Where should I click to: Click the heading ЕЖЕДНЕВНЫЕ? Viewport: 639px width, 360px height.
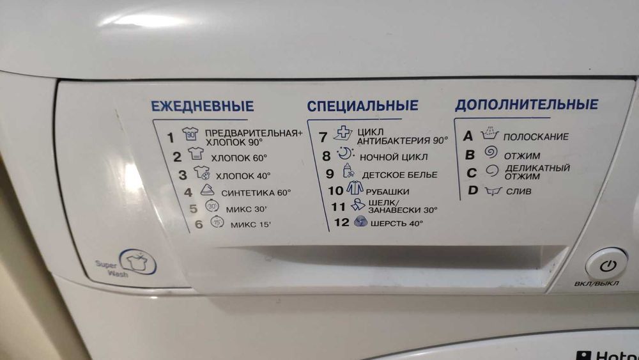tap(202, 106)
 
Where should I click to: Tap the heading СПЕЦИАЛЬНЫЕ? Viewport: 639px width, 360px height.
tap(362, 106)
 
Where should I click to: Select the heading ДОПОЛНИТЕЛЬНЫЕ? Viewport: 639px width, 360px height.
tap(527, 104)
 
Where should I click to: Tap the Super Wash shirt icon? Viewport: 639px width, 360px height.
tap(136, 262)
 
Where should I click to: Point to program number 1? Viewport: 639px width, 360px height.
tap(170, 137)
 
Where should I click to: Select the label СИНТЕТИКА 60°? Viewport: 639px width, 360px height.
tap(256, 192)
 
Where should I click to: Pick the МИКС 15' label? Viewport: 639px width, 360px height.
tap(250, 224)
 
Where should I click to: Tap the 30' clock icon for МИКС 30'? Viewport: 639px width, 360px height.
tap(212, 207)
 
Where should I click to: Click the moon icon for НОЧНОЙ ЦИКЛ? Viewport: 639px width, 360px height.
tap(344, 155)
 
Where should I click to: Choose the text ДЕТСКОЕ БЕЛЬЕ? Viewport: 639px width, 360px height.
tap(399, 174)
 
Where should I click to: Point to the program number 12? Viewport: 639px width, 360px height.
tap(341, 223)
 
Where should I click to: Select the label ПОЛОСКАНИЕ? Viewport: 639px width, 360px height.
tap(535, 137)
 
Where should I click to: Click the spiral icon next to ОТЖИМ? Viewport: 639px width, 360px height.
tap(490, 153)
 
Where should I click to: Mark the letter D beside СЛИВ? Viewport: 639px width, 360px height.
tap(473, 190)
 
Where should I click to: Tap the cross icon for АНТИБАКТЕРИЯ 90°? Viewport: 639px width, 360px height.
tap(344, 136)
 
